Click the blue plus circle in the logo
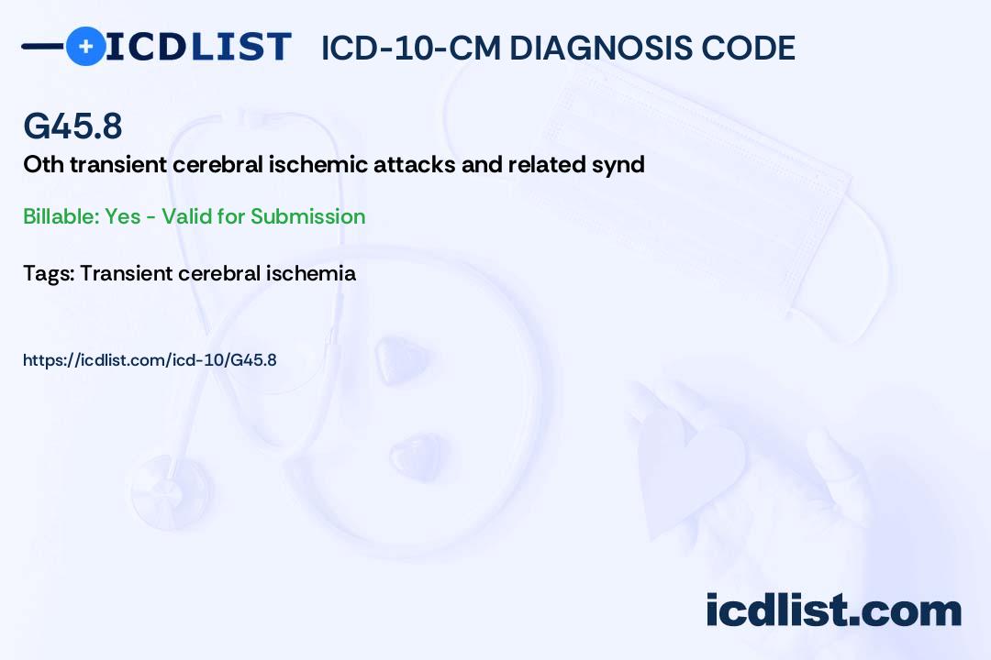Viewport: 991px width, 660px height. pyautogui.click(x=85, y=47)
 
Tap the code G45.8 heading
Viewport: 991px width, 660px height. pyautogui.click(x=72, y=126)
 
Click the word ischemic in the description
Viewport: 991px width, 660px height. pyautogui.click(x=318, y=164)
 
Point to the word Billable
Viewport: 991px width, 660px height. pyautogui.click(x=61, y=216)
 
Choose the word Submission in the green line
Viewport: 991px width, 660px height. pyautogui.click(x=307, y=216)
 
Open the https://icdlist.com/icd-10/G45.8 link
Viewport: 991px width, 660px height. pyautogui.click(x=150, y=360)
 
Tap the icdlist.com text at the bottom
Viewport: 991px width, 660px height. pyautogui.click(x=833, y=610)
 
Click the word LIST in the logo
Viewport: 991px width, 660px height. pyautogui.click(x=240, y=47)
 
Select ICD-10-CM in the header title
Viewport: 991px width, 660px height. pyautogui.click(x=411, y=48)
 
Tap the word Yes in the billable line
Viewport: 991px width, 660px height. pyautogui.click(x=123, y=216)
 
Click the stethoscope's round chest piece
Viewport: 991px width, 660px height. pyautogui.click(x=171, y=491)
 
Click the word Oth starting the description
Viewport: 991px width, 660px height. pyautogui.click(x=44, y=164)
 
